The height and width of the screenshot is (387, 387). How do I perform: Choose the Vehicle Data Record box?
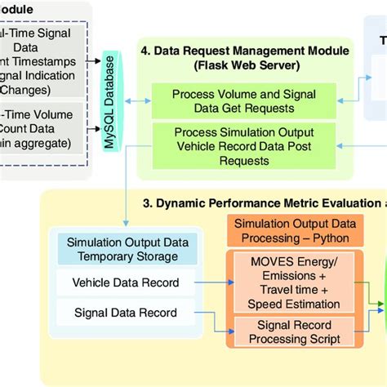pos(127,283)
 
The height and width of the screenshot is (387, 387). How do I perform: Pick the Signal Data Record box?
pos(127,314)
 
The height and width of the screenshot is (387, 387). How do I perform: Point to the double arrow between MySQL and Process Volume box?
pos(134,101)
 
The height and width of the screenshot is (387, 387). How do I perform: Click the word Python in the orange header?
pos(331,239)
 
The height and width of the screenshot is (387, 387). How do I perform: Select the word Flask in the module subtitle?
pos(216,64)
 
